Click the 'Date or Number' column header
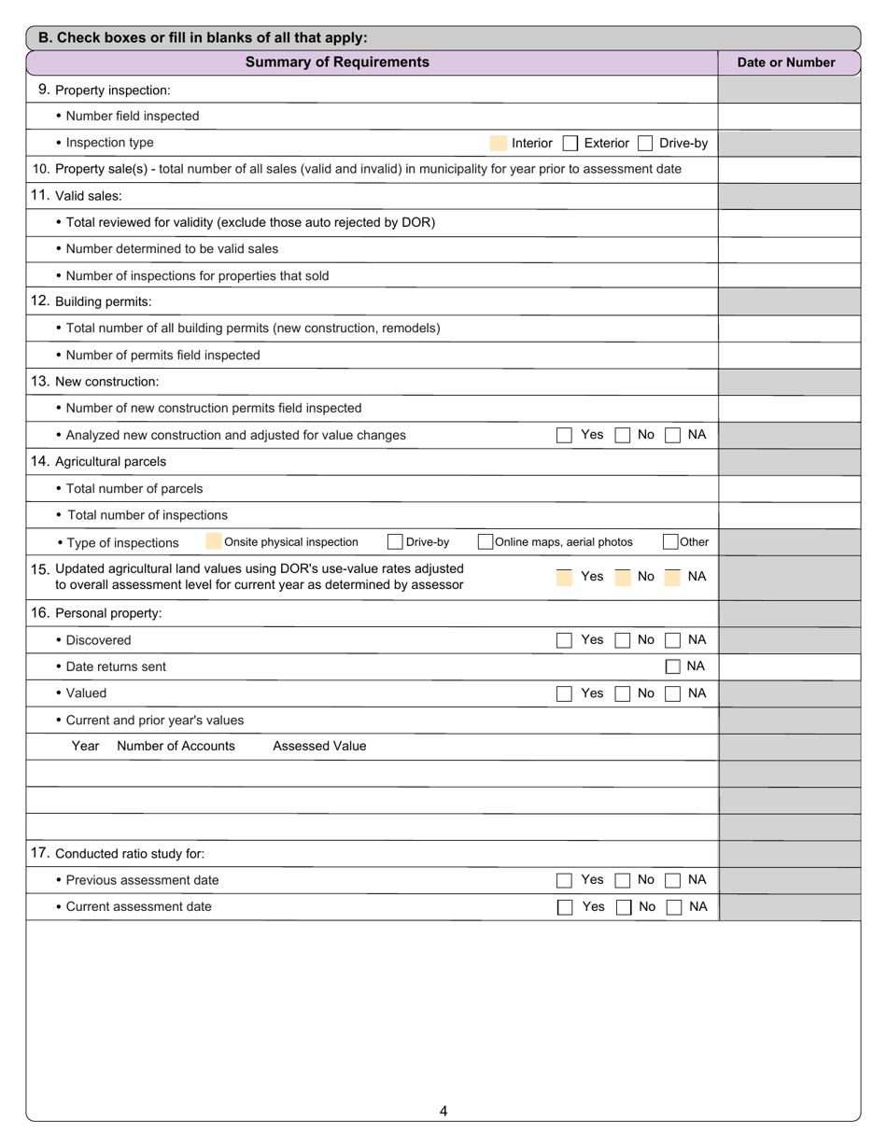(x=786, y=63)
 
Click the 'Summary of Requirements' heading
(x=337, y=63)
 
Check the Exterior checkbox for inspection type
(x=570, y=144)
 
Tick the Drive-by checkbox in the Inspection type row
(x=645, y=144)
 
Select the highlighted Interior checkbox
(x=498, y=144)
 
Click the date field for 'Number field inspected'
(x=788, y=117)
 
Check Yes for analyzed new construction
(x=564, y=435)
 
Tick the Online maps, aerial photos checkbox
(x=486, y=542)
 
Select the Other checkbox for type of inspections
(x=670, y=542)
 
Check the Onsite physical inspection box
(x=213, y=542)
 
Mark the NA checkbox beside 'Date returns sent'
(x=672, y=666)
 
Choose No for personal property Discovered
(x=623, y=640)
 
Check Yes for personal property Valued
(x=564, y=693)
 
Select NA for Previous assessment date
(x=672, y=880)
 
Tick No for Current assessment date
(x=623, y=907)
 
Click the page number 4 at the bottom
(x=443, y=1111)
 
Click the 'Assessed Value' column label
(x=319, y=747)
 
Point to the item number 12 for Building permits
(x=40, y=301)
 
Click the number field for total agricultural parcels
(x=788, y=488)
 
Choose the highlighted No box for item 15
(x=623, y=577)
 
